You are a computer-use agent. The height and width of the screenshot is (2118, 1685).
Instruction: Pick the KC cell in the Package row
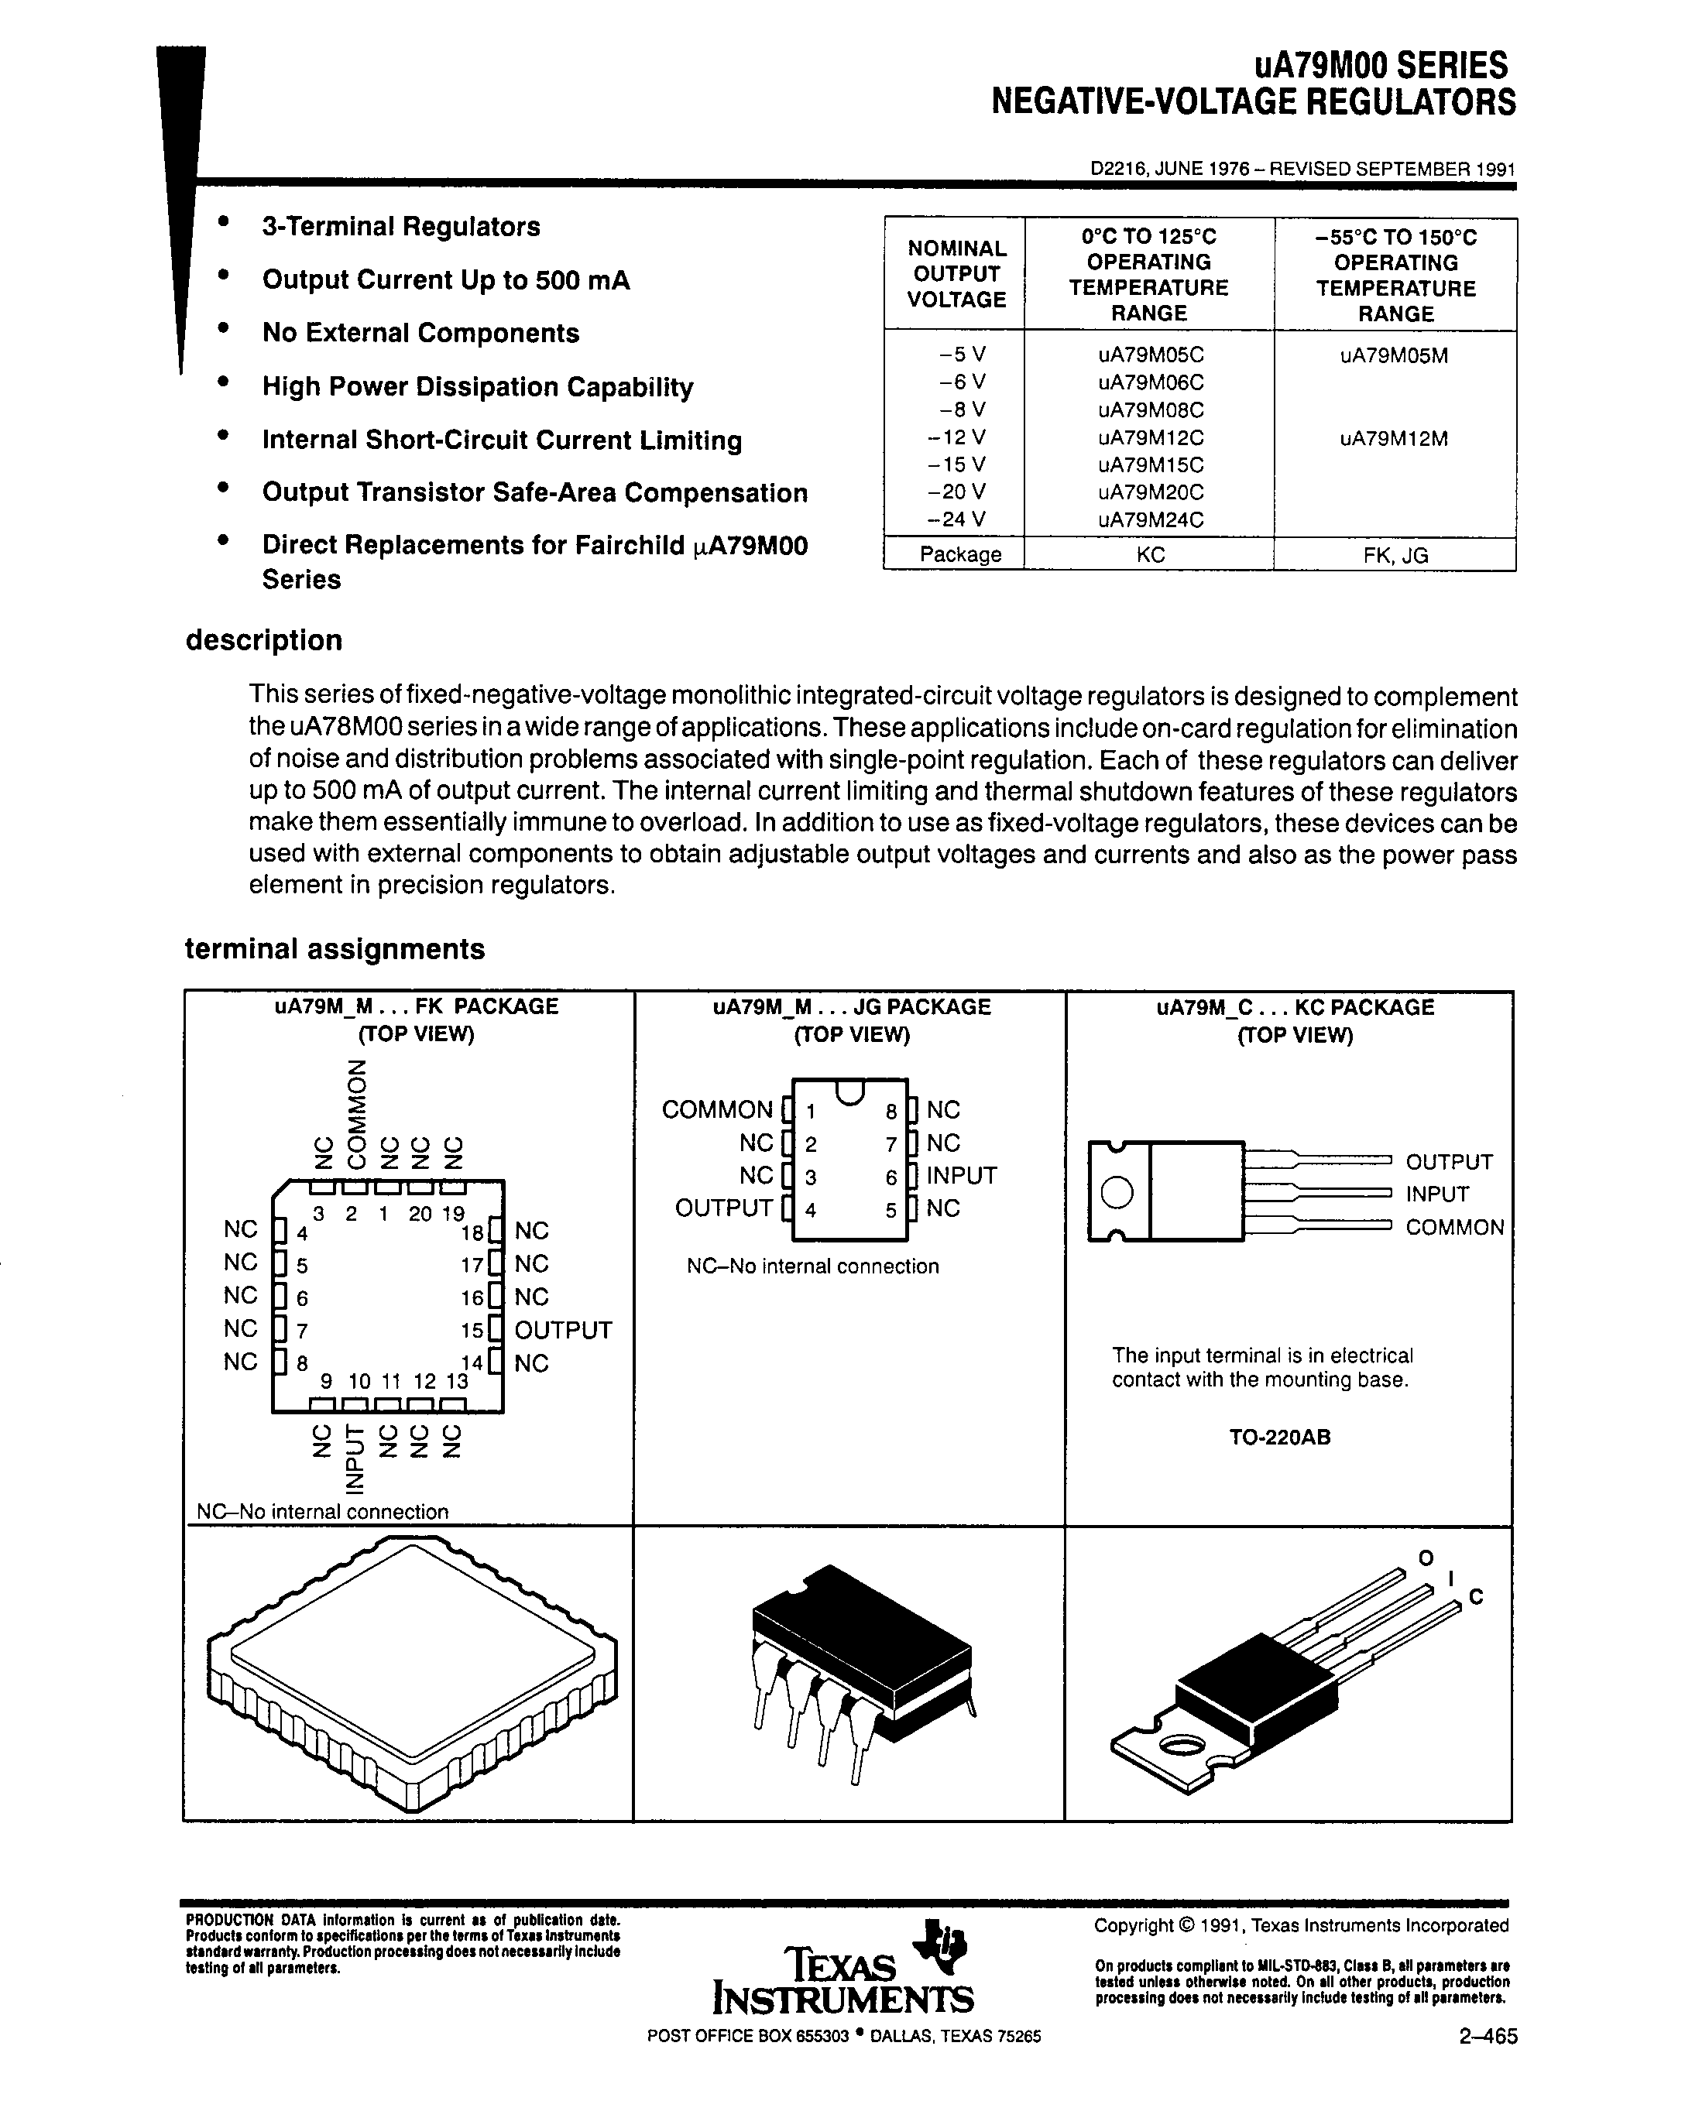(x=1150, y=555)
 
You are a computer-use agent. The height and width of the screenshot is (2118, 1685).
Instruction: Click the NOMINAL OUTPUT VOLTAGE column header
(x=956, y=274)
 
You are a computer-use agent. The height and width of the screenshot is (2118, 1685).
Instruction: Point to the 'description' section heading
(x=263, y=640)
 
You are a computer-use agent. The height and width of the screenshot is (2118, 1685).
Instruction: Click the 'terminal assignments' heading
(x=334, y=949)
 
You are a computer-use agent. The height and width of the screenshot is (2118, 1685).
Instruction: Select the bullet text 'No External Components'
(x=420, y=333)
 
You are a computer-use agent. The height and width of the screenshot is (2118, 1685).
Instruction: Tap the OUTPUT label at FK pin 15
(x=563, y=1330)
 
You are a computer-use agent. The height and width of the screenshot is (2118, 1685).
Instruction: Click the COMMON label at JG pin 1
(x=716, y=1110)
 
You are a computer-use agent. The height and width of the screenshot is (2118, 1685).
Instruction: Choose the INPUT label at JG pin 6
(x=961, y=1176)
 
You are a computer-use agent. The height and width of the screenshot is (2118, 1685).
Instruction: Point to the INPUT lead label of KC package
(x=1436, y=1194)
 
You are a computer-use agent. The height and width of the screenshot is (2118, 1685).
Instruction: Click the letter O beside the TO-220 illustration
(x=1426, y=1558)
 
